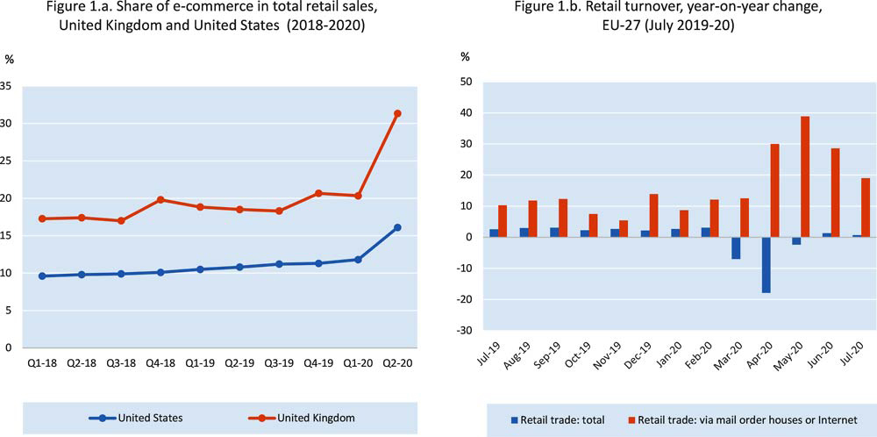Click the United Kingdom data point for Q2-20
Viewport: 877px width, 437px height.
pos(397,113)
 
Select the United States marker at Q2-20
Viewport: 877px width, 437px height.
pos(397,227)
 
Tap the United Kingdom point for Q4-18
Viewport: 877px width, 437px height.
pos(161,199)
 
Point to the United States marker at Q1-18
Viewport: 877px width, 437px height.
pos(43,276)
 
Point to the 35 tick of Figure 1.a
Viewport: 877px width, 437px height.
pos(6,86)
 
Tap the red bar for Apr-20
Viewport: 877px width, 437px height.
pos(775,190)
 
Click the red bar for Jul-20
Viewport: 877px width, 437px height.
pos(866,207)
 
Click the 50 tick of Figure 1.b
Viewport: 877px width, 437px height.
pos(467,82)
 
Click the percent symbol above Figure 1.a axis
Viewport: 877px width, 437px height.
pos(10,59)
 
